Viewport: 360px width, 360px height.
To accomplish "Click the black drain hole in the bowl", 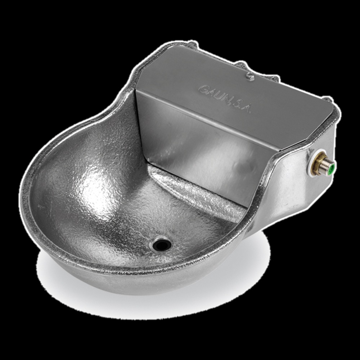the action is (162, 245).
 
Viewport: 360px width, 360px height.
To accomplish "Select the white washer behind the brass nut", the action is (312, 163).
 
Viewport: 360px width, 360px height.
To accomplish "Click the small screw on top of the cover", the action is (250, 76).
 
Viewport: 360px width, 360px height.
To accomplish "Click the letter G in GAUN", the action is (203, 90).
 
